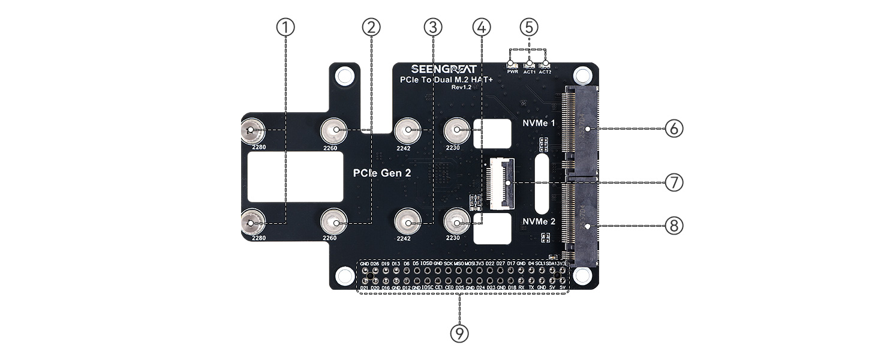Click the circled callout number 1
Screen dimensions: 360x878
(286, 27)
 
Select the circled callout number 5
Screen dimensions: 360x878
(528, 27)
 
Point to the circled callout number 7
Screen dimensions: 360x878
(674, 182)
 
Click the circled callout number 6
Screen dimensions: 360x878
(674, 128)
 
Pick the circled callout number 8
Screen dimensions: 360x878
(674, 226)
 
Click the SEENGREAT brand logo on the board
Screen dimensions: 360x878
(444, 69)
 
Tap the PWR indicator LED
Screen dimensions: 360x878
(512, 65)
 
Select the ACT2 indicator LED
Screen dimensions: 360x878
(545, 65)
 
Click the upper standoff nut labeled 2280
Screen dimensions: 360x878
(252, 130)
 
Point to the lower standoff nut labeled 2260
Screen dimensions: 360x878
(332, 224)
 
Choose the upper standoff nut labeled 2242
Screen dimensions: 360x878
(407, 130)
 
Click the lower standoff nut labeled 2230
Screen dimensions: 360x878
(456, 224)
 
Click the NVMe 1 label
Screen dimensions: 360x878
(538, 123)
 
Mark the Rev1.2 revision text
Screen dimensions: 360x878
(462, 88)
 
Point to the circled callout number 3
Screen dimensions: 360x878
(432, 27)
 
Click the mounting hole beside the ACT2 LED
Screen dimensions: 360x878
(581, 76)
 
